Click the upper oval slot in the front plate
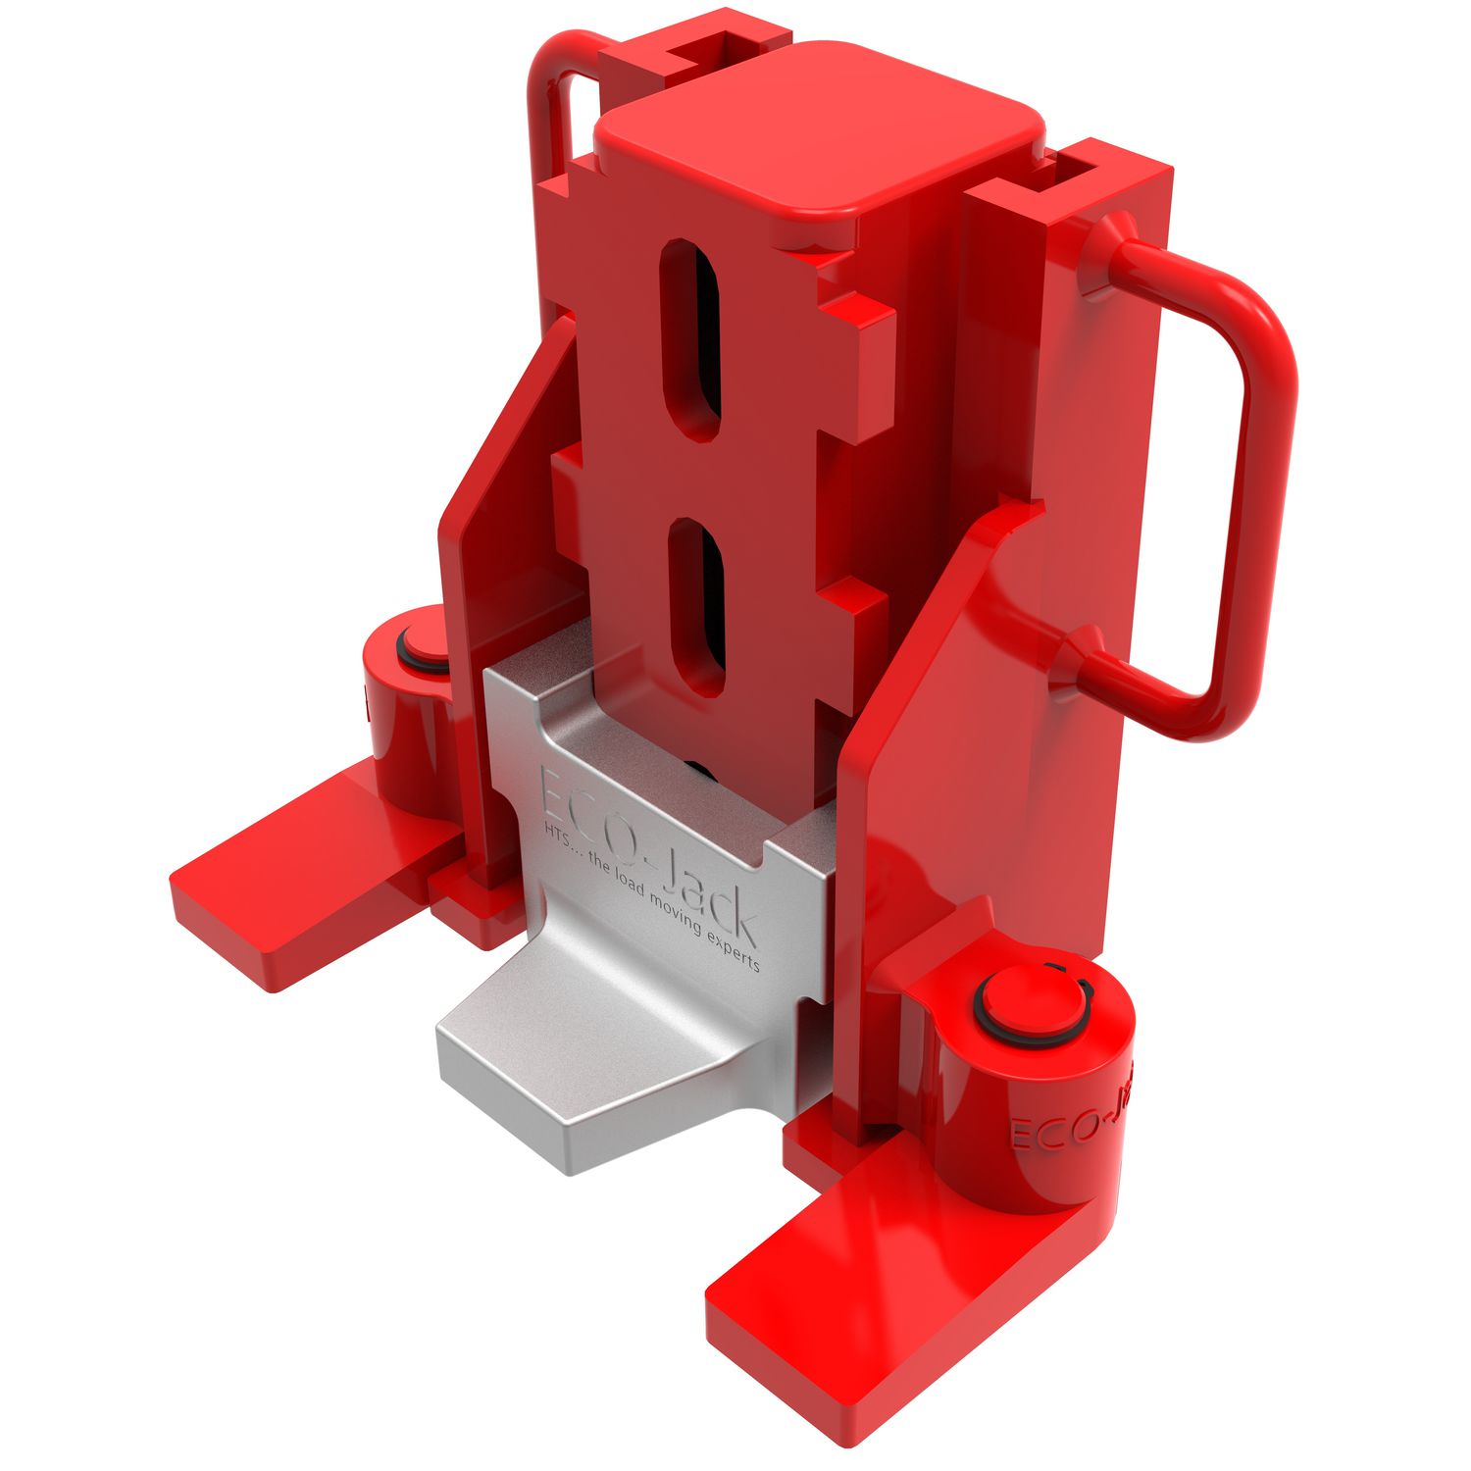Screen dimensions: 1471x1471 click(694, 338)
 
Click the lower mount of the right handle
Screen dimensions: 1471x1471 click(1079, 662)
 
